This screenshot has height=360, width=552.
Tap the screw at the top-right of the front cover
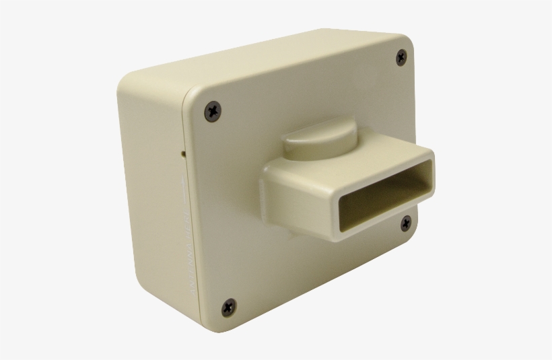(402, 58)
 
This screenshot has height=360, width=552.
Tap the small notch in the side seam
(183, 153)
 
